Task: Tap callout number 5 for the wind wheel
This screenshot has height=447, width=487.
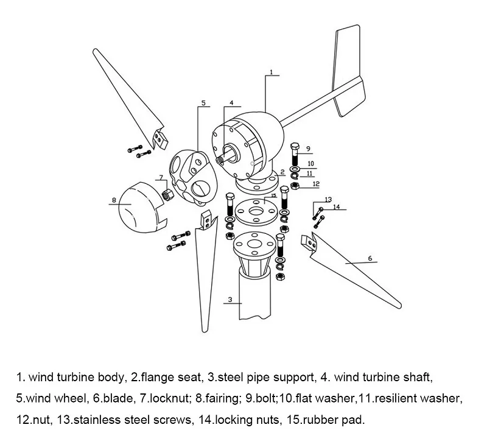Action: (x=204, y=102)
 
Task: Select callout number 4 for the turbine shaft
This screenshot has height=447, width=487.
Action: (x=231, y=102)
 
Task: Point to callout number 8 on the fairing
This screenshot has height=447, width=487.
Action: (x=113, y=199)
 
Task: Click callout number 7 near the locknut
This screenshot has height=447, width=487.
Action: (x=161, y=178)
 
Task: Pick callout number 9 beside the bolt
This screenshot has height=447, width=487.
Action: (x=309, y=149)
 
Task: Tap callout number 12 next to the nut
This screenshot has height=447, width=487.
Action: (x=315, y=183)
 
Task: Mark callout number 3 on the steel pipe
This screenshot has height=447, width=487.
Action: (x=230, y=299)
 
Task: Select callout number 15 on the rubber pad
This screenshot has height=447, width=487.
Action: (x=275, y=195)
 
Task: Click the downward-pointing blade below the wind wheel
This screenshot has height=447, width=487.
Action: (x=202, y=274)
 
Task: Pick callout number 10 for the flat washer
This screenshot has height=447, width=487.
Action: (x=310, y=163)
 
